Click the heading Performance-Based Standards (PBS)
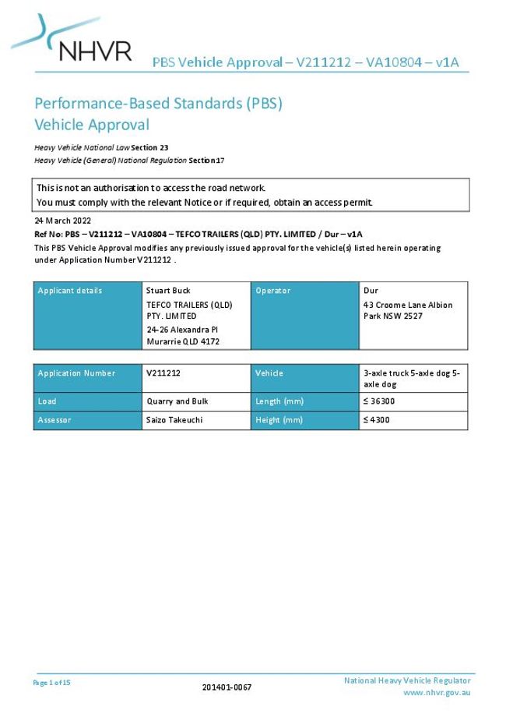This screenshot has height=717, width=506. point(158,104)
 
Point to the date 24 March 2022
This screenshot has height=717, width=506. point(62,221)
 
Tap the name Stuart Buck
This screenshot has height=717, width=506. point(168,291)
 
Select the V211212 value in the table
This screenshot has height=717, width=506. point(163,373)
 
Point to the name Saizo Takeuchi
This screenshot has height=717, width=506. point(176,420)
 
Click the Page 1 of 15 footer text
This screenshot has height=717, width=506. point(52,683)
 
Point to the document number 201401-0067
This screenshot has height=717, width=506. point(227,687)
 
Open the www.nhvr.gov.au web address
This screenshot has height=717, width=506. point(437,693)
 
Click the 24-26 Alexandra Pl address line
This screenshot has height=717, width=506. point(182,330)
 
